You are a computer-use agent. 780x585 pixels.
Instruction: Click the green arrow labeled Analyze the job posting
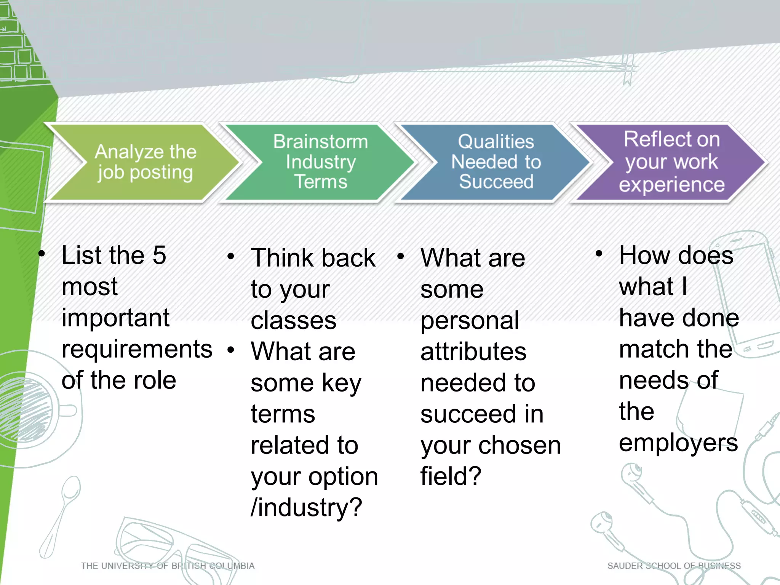145,162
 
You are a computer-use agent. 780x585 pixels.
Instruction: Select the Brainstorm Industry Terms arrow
320,162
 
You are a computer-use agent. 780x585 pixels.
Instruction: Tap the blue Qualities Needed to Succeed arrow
495,162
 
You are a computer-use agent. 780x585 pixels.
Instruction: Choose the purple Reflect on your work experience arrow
671,162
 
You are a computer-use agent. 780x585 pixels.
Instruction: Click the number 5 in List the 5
159,255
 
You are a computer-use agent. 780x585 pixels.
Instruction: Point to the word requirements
137,350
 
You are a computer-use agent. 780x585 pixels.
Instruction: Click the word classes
293,321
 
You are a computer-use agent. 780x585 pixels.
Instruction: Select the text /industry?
306,508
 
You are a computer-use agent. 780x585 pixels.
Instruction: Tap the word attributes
473,352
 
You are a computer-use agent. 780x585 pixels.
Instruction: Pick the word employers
678,443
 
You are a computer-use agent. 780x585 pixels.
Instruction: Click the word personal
470,321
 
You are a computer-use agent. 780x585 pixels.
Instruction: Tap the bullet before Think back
230,256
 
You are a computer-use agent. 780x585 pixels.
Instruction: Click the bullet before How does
599,254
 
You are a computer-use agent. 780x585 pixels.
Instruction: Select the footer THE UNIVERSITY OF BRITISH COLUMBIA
168,566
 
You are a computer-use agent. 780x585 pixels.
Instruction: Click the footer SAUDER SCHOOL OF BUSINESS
674,566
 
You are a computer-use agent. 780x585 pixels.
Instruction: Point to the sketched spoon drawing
61,514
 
